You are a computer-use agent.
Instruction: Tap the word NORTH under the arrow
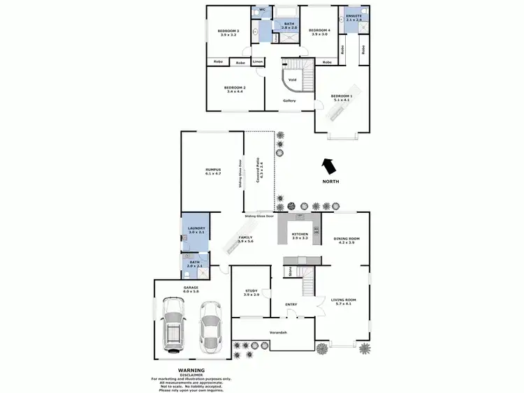click(330, 182)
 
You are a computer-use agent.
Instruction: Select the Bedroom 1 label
click(342, 96)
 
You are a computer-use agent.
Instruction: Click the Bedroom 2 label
click(234, 87)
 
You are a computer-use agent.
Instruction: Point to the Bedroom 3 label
click(228, 31)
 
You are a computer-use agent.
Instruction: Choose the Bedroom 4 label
click(319, 30)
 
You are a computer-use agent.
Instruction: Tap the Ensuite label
click(354, 15)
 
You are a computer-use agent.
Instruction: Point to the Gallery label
click(289, 101)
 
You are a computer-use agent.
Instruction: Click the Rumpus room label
click(213, 170)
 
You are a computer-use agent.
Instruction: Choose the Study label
click(252, 292)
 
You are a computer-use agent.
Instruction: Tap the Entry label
click(291, 304)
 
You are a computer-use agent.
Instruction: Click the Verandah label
click(278, 332)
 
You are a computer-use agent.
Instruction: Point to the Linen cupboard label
click(258, 62)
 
